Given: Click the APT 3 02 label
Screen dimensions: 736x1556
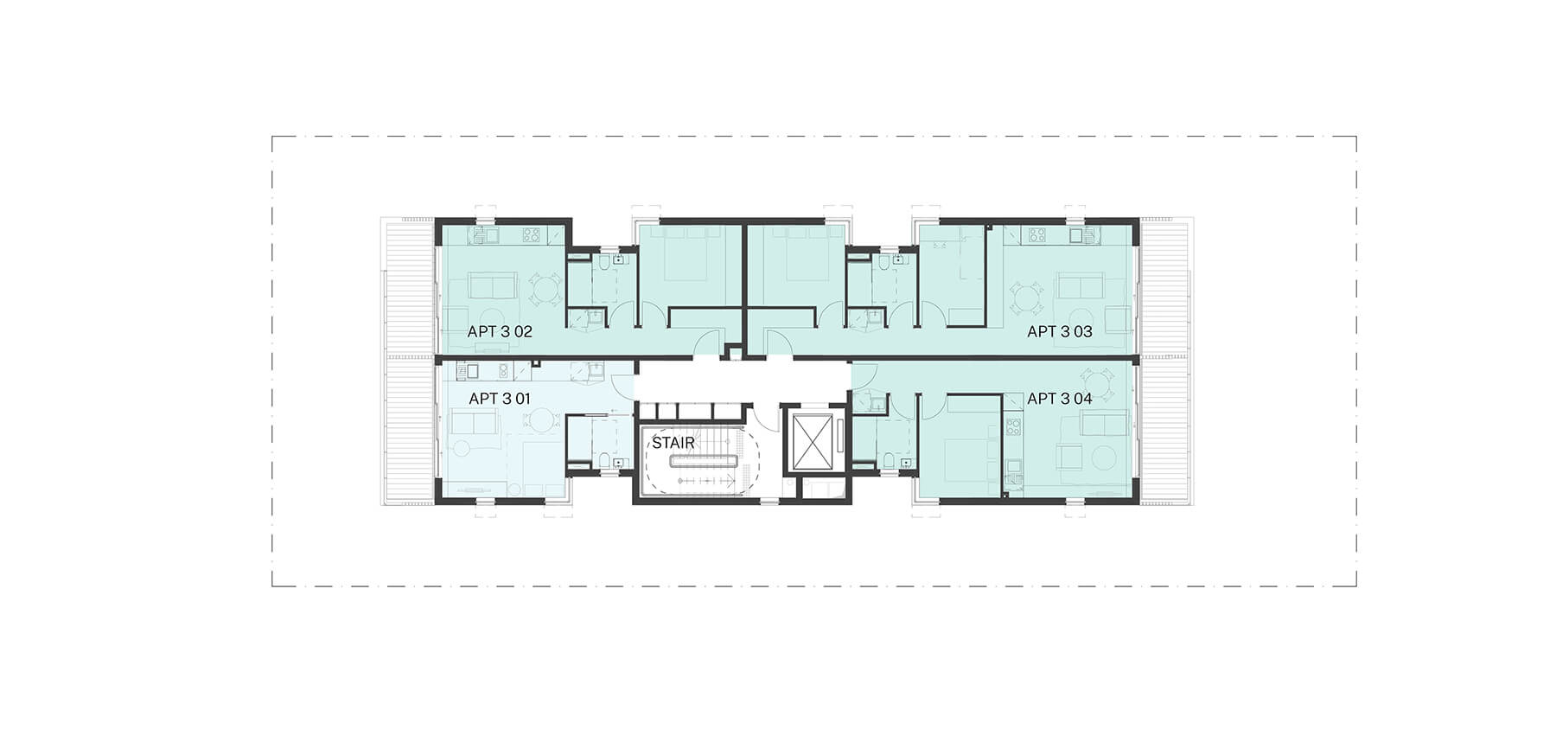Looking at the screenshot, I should (x=500, y=331).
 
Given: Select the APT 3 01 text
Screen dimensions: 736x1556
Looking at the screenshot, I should (x=499, y=399).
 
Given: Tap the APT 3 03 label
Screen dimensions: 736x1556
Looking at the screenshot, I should (x=1059, y=331).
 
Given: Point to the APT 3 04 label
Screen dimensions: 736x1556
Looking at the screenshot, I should (x=1059, y=399).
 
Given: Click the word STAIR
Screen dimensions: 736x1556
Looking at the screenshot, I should (x=673, y=443).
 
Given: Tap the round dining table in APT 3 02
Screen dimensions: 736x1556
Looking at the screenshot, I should (x=545, y=292).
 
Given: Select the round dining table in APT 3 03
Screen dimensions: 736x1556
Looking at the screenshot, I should (x=1025, y=298).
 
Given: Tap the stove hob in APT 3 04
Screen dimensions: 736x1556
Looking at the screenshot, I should (x=1013, y=426).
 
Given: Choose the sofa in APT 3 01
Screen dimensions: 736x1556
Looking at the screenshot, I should (x=474, y=423).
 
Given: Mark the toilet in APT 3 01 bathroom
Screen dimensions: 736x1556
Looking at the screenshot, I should (x=600, y=459).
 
